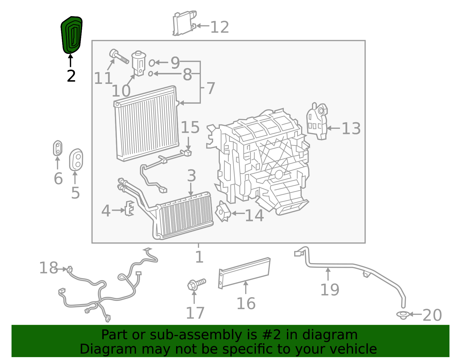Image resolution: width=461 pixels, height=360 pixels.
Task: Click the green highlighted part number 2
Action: [x=71, y=35]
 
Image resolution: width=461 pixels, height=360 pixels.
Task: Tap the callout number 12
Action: [x=220, y=27]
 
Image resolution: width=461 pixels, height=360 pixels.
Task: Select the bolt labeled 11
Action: [x=118, y=57]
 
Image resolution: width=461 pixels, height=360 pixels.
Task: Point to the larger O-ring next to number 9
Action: [x=152, y=63]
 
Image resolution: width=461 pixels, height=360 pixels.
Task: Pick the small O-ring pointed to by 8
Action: [x=150, y=74]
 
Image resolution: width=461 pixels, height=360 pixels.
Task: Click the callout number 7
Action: [x=211, y=88]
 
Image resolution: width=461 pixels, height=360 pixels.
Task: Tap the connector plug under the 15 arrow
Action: [x=188, y=153]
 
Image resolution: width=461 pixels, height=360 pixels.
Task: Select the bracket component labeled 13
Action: [x=317, y=121]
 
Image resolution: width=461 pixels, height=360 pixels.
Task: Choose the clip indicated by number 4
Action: [x=129, y=208]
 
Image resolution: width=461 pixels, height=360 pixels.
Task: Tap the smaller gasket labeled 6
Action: [x=58, y=148]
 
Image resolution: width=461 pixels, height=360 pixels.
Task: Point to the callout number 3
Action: [x=191, y=176]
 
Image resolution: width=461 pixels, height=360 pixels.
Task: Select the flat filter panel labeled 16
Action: [x=244, y=273]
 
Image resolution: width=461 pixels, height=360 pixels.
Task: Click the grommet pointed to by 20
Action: [x=403, y=314]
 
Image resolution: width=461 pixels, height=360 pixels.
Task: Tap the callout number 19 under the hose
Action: [x=330, y=289]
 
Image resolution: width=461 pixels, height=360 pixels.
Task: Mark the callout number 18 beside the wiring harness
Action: [x=48, y=268]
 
